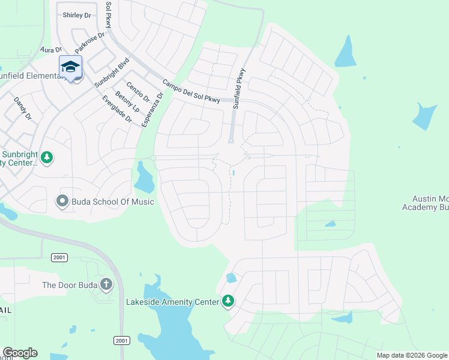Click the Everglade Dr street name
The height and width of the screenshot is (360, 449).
[116, 109]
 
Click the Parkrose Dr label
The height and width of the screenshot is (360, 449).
[89, 42]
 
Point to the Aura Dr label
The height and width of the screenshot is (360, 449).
[51, 50]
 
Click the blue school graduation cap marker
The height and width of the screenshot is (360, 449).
[70, 67]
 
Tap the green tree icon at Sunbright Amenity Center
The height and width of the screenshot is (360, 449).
[47, 158]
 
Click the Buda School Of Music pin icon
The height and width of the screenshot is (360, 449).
[62, 202]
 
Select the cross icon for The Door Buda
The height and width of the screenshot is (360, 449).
[106, 284]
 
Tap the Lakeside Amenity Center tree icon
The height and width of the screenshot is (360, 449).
[228, 301]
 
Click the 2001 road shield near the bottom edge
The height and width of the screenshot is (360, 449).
[121, 340]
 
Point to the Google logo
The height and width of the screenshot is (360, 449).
[20, 353]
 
